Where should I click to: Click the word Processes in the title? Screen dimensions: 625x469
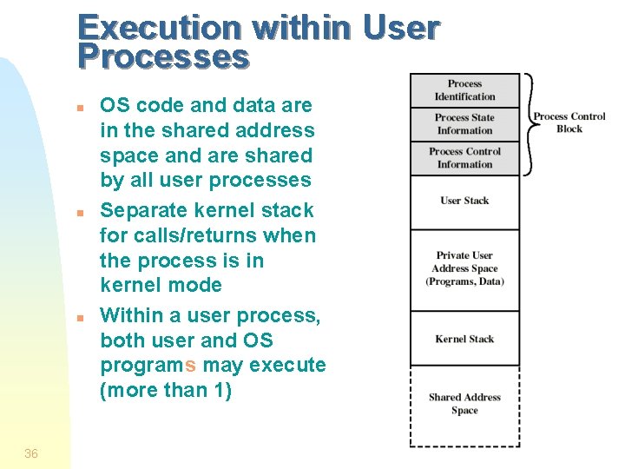click(162, 57)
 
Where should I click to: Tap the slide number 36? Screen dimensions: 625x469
click(31, 452)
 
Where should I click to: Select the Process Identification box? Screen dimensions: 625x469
click(464, 90)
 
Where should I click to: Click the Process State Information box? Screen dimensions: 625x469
click(464, 124)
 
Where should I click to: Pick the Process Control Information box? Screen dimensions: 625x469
click(464, 158)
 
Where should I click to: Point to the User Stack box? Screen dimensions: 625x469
click(464, 201)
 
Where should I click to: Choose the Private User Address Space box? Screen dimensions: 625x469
click(464, 268)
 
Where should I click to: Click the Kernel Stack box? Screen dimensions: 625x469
click(464, 339)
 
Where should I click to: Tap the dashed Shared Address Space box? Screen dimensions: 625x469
click(464, 404)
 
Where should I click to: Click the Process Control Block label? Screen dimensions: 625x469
click(569, 122)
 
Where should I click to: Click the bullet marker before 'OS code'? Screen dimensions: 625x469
click(79, 109)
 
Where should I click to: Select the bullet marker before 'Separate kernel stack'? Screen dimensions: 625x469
click(79, 213)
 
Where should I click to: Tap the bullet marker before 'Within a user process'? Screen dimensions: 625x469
click(79, 318)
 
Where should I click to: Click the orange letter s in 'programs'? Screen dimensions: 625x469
click(190, 366)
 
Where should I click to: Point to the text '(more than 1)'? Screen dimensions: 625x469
click(166, 391)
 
